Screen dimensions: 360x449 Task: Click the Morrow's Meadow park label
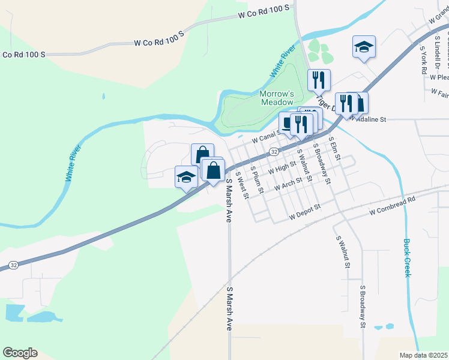coord(276,98)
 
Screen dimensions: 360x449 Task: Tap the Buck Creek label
coord(407,258)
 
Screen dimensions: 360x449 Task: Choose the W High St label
coord(283,167)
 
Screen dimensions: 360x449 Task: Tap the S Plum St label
coord(258,180)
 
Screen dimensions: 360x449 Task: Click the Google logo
coord(20,353)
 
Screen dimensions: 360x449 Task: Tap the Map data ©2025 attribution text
coord(424,355)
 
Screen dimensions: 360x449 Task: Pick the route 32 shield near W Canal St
coord(274,152)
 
